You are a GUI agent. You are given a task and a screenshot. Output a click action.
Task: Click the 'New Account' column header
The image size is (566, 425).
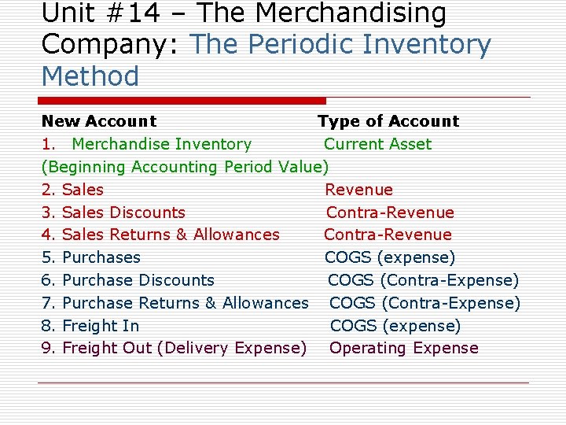pos(99,121)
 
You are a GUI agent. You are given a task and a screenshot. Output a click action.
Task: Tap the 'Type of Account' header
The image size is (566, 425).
pos(388,121)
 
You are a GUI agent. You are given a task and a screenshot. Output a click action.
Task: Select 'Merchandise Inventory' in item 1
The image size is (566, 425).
pos(161,144)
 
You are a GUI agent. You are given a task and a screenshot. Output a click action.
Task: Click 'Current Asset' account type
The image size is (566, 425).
pos(377,144)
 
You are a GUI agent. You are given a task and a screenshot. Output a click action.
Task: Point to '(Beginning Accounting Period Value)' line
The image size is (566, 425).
pos(185,167)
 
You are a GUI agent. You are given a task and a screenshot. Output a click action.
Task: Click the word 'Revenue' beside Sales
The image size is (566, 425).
pos(358,190)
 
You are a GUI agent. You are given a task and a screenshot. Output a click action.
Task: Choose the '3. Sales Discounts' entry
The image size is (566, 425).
pos(113,213)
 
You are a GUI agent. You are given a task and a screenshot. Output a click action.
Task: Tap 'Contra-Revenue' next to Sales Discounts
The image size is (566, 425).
pos(390,213)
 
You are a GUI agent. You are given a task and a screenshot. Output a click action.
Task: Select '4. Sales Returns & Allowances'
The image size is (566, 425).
pos(160,235)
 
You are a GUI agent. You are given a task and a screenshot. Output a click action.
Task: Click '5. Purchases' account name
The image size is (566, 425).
pos(90,257)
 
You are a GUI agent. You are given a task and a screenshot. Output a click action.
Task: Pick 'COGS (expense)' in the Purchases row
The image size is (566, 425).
pos(390,257)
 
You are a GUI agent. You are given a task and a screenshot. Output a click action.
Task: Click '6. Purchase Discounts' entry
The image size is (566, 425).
pos(127,280)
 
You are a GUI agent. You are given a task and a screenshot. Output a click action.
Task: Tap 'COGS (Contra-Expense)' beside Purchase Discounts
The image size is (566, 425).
pos(423,280)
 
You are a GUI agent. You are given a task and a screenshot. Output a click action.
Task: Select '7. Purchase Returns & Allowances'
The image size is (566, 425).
pos(175,303)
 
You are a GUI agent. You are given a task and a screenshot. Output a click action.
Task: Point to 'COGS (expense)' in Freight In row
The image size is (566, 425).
pos(395,326)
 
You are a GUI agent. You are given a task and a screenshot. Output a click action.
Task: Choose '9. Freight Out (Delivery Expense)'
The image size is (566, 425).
pos(174,348)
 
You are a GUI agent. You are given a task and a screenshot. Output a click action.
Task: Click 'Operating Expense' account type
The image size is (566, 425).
pos(403,348)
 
